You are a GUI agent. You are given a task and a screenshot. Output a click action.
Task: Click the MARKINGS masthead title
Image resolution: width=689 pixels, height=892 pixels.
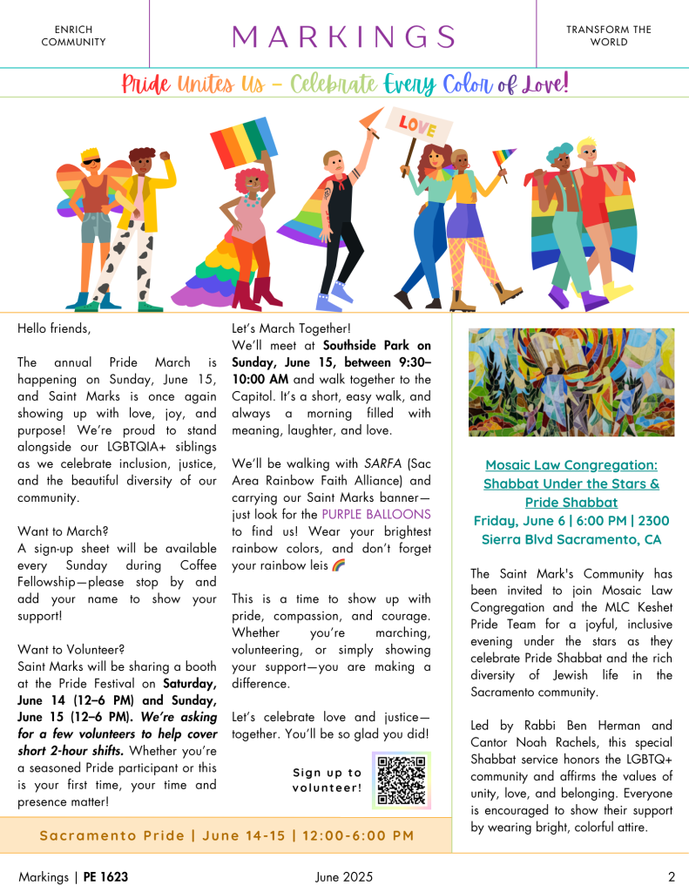[344, 37]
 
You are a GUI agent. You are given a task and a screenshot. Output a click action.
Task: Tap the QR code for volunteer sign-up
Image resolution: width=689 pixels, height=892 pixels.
[402, 780]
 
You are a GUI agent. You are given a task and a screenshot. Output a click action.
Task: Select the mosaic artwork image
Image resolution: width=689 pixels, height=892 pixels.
[571, 382]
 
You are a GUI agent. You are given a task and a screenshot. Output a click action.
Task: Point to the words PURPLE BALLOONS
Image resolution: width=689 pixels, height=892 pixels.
[362, 514]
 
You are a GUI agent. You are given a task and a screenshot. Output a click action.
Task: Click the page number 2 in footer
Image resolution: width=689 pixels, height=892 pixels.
[671, 877]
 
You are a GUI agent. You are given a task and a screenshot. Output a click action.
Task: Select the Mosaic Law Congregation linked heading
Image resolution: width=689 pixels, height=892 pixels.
[571, 484]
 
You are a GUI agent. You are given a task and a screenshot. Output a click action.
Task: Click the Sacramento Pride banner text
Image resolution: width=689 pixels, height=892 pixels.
[226, 835]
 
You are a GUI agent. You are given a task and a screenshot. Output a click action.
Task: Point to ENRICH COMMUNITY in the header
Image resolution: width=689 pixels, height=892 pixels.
[73, 36]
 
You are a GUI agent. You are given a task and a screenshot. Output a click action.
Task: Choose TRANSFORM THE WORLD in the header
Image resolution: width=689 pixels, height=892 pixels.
[608, 36]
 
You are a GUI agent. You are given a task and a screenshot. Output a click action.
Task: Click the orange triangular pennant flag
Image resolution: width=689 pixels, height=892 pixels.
[372, 117]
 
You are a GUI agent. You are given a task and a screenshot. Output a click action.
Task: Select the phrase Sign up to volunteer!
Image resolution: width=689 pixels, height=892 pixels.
[327, 780]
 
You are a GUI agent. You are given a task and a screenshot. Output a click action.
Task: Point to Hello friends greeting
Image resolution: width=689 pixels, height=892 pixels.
[54, 329]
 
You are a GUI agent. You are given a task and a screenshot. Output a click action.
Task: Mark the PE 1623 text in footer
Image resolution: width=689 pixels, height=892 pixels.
[105, 877]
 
